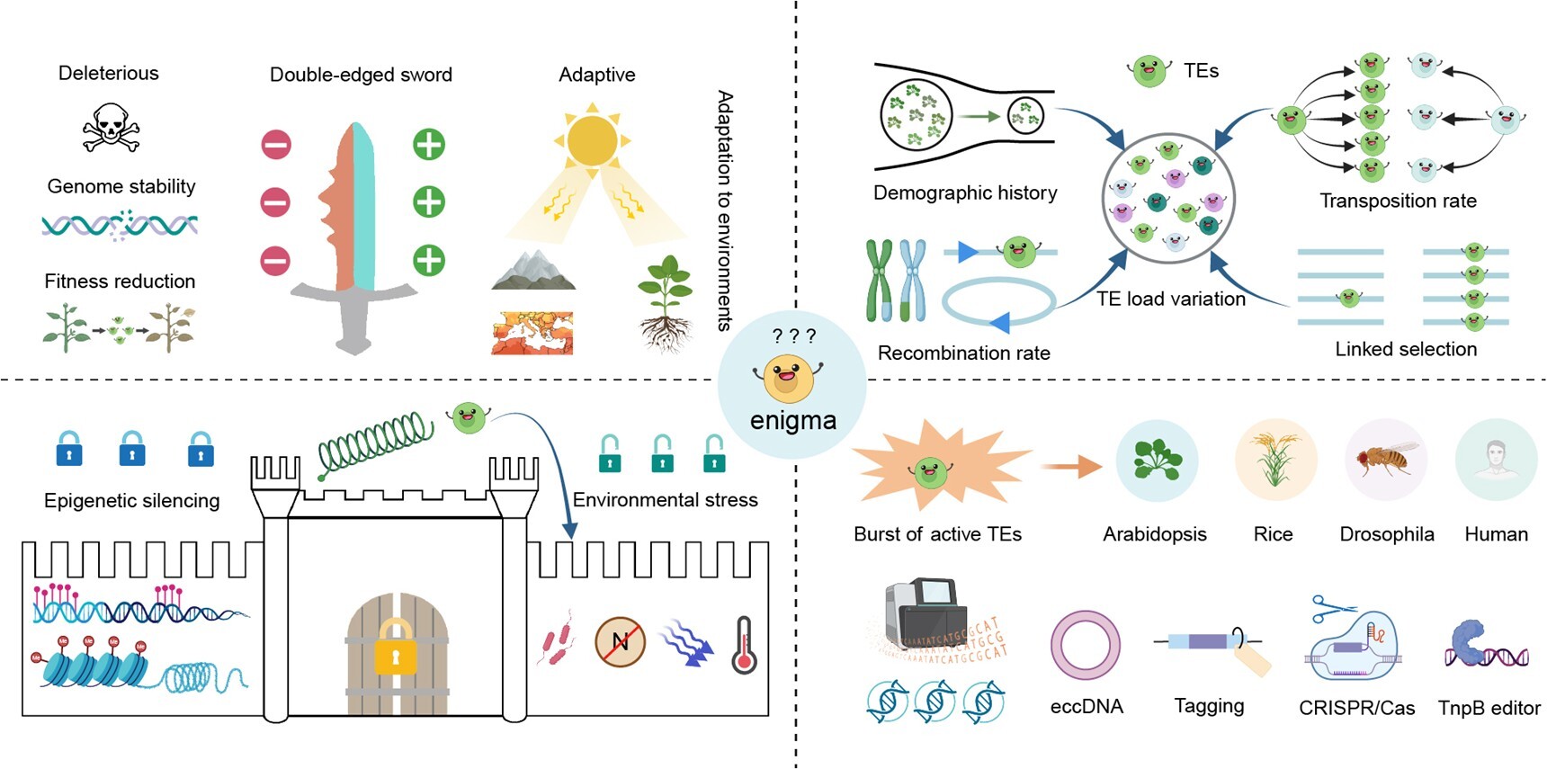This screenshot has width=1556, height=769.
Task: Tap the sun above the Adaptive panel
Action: (x=592, y=140)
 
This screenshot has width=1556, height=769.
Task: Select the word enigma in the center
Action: (x=792, y=420)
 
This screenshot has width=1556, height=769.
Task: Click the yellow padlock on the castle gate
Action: (x=395, y=646)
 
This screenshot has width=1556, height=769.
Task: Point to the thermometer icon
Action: (x=744, y=645)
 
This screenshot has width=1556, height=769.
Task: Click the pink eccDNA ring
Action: (x=1086, y=645)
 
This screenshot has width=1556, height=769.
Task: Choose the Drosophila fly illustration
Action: (x=1386, y=460)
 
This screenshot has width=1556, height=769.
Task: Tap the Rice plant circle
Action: (x=1274, y=460)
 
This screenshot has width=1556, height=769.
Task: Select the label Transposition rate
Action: (x=1398, y=201)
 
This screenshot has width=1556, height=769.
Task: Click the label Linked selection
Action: (x=1406, y=349)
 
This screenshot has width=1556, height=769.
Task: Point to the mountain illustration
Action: (x=533, y=271)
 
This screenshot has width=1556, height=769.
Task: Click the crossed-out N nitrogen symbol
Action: (x=621, y=641)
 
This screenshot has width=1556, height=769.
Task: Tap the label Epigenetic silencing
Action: (x=131, y=501)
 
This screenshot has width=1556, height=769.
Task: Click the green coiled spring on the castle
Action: (x=376, y=443)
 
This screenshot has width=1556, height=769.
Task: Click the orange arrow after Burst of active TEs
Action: (x=1070, y=466)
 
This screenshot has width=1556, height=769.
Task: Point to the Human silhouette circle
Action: (x=1496, y=460)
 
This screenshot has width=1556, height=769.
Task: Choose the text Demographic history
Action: (x=965, y=192)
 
